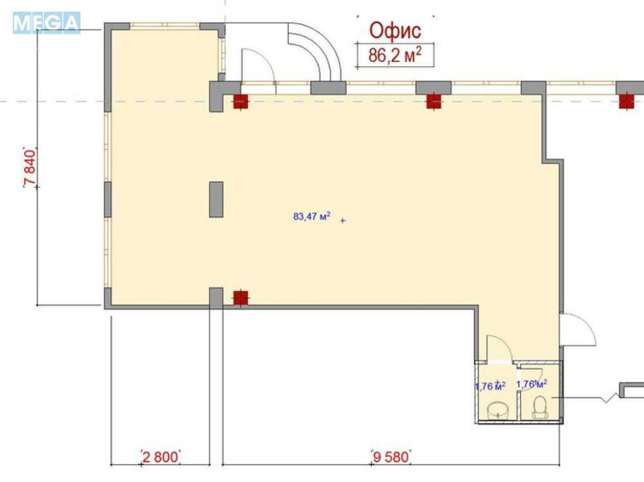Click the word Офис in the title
coord(395,31)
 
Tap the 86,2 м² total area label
coord(395,56)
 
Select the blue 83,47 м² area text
coord(312,216)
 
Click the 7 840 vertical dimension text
coord(30,168)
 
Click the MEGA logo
coord(47,23)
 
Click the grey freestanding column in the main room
coord(217,199)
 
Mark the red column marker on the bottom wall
coord(240,297)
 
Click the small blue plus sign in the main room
coord(343,220)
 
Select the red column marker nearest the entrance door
coord(239,101)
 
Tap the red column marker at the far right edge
coord(627,101)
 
